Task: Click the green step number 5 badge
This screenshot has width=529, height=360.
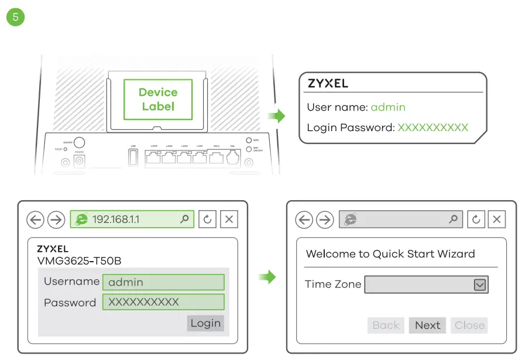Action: click(x=15, y=16)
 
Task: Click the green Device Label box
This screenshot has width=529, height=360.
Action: click(x=158, y=100)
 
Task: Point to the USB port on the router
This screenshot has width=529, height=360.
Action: click(x=133, y=157)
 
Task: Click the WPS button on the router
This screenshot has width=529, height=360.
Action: click(x=248, y=140)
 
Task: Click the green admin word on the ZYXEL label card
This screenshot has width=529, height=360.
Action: click(x=388, y=108)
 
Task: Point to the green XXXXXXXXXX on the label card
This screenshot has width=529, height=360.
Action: click(x=433, y=127)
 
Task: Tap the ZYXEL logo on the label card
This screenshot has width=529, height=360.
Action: click(x=328, y=84)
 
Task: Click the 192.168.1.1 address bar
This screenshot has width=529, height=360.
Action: click(x=132, y=220)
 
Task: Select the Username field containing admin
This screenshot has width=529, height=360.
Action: click(x=163, y=282)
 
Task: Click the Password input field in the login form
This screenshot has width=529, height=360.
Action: click(x=163, y=302)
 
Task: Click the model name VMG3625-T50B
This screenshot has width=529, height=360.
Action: click(x=79, y=260)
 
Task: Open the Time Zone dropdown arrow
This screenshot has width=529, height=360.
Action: click(x=479, y=285)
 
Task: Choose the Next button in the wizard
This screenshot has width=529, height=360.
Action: click(x=427, y=325)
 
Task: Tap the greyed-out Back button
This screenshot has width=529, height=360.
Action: click(x=386, y=325)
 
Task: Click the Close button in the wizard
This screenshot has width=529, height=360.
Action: click(x=469, y=325)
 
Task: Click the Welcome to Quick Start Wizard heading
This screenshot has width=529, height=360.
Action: click(x=390, y=254)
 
